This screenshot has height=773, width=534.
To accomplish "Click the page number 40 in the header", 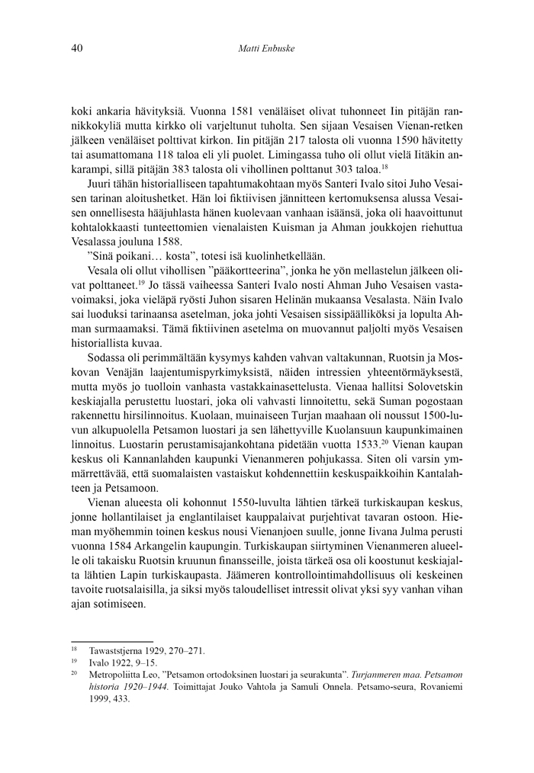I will pos(76,50).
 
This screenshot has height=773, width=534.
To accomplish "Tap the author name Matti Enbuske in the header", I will pos(266,50).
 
